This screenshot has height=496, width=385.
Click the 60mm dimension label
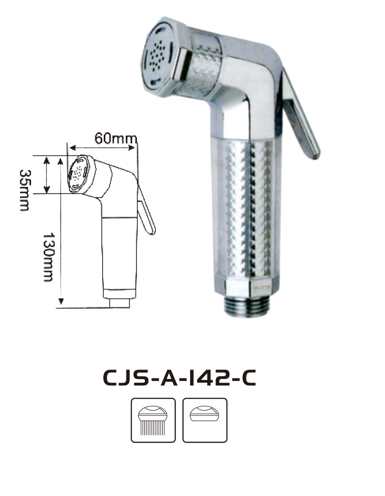(x=116, y=138)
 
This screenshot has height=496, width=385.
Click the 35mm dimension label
(x=25, y=190)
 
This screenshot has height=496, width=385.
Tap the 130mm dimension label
(x=48, y=257)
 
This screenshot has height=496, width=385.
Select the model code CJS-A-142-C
(x=179, y=378)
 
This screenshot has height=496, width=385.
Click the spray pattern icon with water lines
(x=153, y=420)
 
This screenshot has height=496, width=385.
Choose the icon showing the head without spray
(x=205, y=420)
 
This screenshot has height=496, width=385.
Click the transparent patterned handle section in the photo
(x=246, y=209)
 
